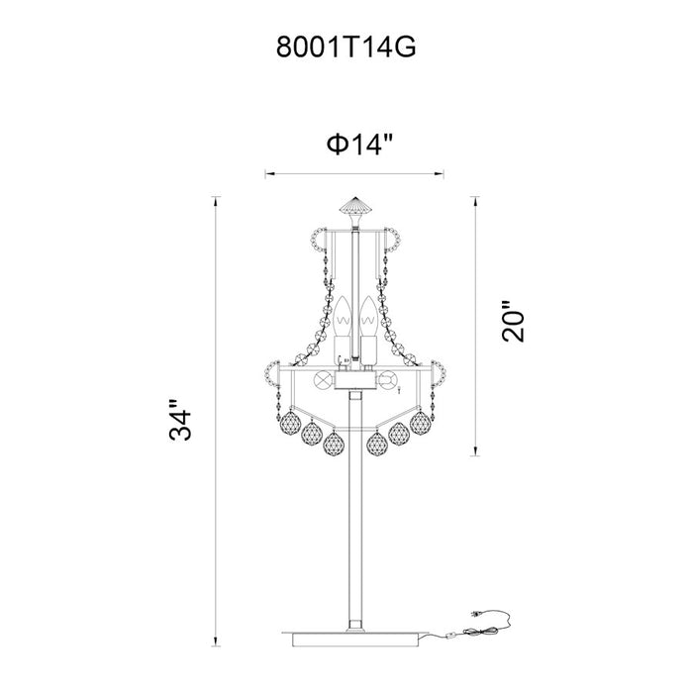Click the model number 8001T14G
[x=346, y=47]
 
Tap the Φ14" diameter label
[x=359, y=144]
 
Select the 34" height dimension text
[x=180, y=420]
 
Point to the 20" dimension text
[x=513, y=322]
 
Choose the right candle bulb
[x=367, y=318]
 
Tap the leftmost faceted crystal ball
[x=288, y=424]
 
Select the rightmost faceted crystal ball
[x=420, y=424]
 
